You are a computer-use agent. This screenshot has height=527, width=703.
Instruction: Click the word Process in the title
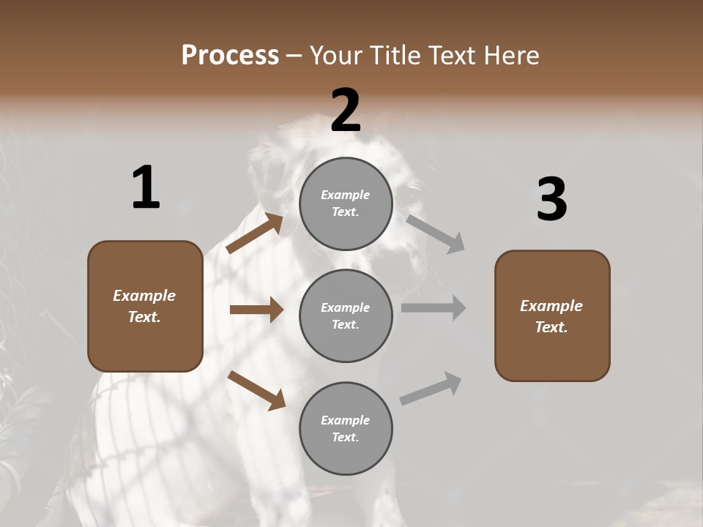[x=230, y=56]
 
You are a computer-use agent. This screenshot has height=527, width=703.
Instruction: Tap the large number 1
[x=146, y=188]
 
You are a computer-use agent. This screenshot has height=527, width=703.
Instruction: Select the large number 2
[x=346, y=111]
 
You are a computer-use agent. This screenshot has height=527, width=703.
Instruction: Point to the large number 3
[x=552, y=199]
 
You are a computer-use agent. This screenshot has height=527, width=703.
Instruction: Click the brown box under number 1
[x=145, y=306]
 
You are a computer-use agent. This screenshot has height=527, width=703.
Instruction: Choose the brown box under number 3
[x=552, y=316]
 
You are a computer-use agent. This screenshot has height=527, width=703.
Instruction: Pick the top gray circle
[x=346, y=203]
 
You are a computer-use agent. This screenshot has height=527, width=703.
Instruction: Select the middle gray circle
[x=346, y=316]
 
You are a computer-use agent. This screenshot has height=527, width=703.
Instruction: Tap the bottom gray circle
[x=346, y=428]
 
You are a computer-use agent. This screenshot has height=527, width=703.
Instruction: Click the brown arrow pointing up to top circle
[x=255, y=233]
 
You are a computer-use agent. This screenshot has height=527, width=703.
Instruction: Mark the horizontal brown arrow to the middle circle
[x=256, y=310]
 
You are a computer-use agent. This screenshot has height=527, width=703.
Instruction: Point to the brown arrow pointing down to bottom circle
[x=256, y=390]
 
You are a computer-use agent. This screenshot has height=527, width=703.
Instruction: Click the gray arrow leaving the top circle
[x=436, y=233]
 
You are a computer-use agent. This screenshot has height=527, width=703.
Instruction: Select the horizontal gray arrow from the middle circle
[x=434, y=308]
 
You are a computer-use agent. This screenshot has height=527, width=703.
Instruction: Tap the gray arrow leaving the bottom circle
[x=431, y=389]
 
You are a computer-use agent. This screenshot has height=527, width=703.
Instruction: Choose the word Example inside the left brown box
[x=144, y=296]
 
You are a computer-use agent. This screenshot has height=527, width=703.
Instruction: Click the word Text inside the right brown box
[x=551, y=327]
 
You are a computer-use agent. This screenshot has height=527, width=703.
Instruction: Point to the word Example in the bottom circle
[x=345, y=420]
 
